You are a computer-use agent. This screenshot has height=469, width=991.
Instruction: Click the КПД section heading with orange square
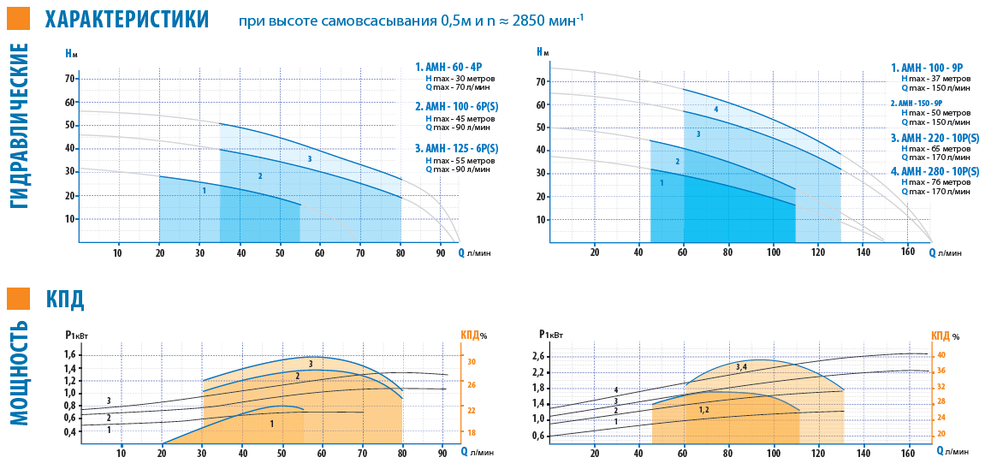tap(65, 299)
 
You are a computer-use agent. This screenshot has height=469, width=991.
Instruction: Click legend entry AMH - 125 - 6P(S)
tap(457, 149)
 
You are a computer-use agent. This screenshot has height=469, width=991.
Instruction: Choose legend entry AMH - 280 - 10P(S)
tap(935, 171)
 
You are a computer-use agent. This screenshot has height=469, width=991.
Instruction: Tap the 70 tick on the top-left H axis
tap(71, 79)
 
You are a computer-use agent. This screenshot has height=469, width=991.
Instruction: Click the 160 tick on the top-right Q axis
tap(909, 252)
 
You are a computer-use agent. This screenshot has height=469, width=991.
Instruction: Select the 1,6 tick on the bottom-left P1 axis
tap(70, 355)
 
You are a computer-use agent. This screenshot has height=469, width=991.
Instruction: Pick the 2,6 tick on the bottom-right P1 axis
tap(537, 356)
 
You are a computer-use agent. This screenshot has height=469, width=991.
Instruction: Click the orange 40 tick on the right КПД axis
tap(941, 354)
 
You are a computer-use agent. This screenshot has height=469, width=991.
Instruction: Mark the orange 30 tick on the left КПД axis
tap(471, 362)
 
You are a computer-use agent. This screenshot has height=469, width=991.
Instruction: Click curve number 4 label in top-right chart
tap(715, 110)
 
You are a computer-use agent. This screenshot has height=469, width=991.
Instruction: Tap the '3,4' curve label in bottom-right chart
tap(741, 367)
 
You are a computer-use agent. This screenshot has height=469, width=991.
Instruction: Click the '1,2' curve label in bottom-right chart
tap(703, 410)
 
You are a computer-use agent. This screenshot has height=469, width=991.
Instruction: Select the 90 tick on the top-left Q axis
tap(441, 252)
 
